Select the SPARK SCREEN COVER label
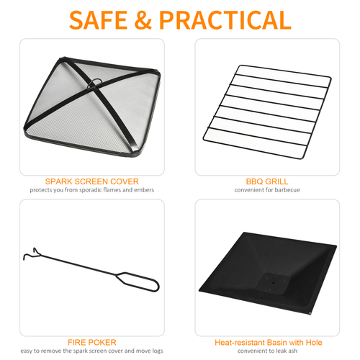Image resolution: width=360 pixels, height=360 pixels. [91, 181]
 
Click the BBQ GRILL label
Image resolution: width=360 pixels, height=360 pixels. [267, 181]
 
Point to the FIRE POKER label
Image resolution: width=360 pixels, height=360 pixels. [91, 342]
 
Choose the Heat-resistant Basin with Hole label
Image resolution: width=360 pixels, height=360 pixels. [267, 342]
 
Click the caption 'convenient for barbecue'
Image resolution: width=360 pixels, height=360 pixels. [267, 190]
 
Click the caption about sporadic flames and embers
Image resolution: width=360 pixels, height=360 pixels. [91, 190]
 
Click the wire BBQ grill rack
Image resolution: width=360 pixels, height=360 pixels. [267, 104]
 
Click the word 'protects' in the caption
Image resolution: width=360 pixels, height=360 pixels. [40, 190]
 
